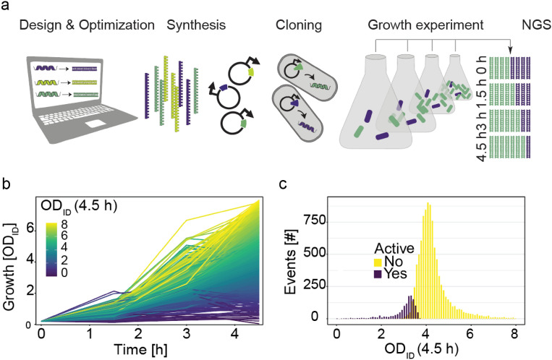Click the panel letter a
click(x=7, y=7)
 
